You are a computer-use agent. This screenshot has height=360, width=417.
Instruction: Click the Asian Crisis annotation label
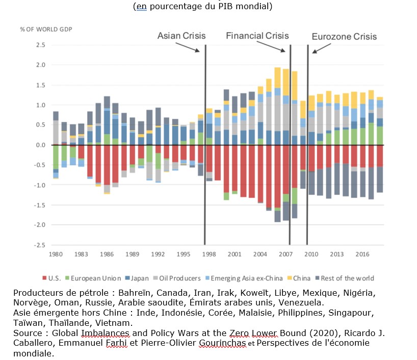[x=181, y=36]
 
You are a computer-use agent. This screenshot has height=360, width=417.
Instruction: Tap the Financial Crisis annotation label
[x=257, y=36]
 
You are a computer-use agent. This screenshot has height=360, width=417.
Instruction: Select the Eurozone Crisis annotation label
[x=344, y=36]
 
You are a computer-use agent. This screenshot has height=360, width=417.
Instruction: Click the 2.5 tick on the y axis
[x=41, y=45]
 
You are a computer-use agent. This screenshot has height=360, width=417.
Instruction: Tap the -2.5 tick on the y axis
[x=40, y=245]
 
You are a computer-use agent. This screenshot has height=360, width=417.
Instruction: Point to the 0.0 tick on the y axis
[x=41, y=145]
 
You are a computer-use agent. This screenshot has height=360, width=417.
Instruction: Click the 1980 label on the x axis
[x=56, y=254]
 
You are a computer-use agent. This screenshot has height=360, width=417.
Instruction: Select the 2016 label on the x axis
[x=362, y=254]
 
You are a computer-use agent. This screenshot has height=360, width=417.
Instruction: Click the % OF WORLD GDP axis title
[x=46, y=29]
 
